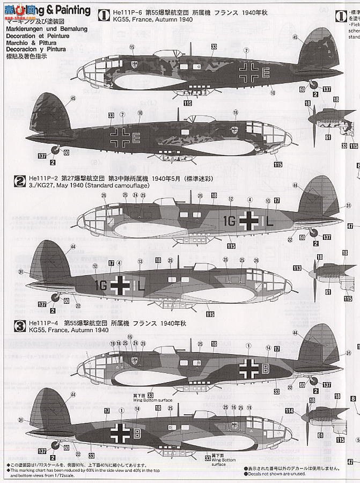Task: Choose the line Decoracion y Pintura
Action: [x=33, y=49]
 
